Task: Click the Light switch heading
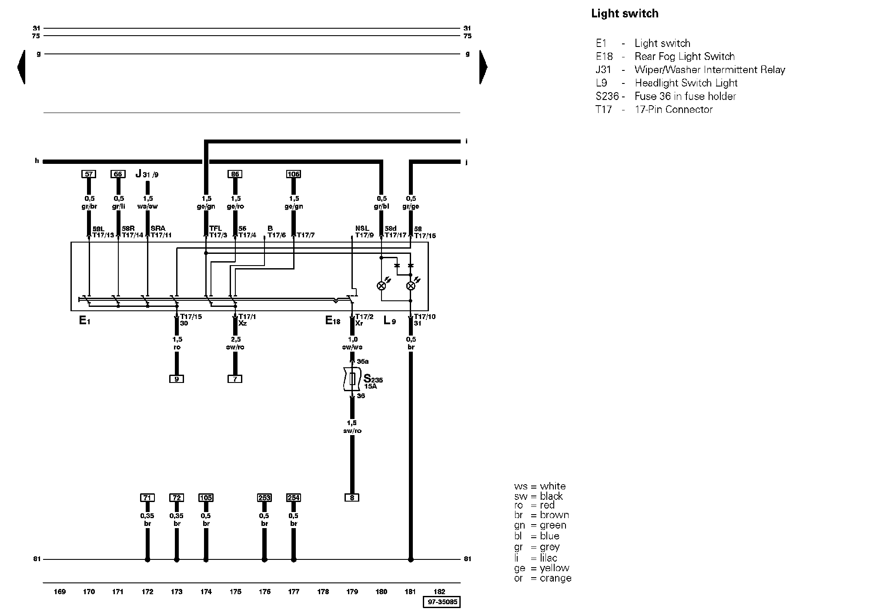(x=625, y=14)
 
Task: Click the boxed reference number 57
(x=89, y=174)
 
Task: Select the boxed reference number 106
(x=294, y=174)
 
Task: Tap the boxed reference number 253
(x=264, y=498)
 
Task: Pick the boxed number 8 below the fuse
(x=352, y=498)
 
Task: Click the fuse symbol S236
(x=352, y=379)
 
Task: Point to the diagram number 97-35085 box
(x=442, y=602)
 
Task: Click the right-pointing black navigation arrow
(x=483, y=67)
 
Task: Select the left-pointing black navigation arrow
(x=21, y=67)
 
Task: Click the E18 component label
(x=333, y=321)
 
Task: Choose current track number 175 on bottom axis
(x=235, y=592)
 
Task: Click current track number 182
(x=440, y=592)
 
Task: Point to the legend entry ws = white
(x=540, y=486)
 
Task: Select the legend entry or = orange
(x=542, y=579)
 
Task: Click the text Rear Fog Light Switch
(x=685, y=57)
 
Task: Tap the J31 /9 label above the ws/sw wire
(x=147, y=174)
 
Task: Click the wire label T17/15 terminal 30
(x=191, y=320)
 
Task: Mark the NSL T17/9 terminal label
(x=364, y=232)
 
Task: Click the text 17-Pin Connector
(x=674, y=110)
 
